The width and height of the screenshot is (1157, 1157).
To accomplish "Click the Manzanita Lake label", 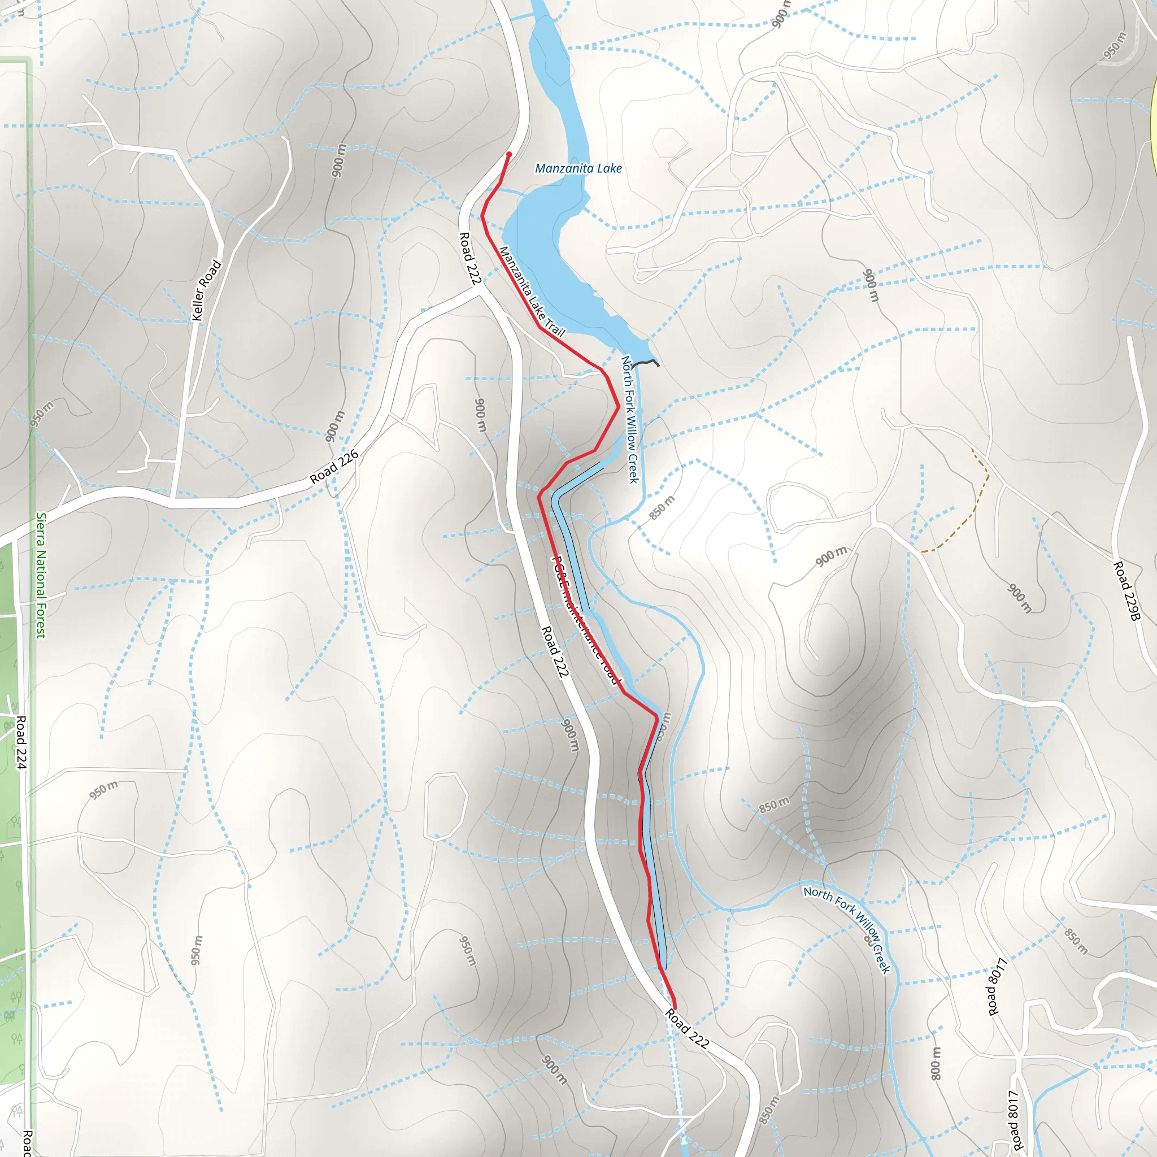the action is pyautogui.click(x=578, y=168).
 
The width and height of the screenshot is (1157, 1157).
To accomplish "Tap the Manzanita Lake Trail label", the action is pyautogui.click(x=531, y=291).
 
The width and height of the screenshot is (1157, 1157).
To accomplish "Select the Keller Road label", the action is pyautogui.click(x=207, y=290).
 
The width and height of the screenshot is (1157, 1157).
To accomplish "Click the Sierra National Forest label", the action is pyautogui.click(x=41, y=575).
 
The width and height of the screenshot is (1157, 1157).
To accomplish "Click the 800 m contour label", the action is pyautogui.click(x=937, y=1063).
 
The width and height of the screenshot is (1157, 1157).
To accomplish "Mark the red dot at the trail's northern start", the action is pyautogui.click(x=509, y=154).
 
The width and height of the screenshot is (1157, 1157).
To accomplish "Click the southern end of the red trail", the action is pyautogui.click(x=675, y=1008).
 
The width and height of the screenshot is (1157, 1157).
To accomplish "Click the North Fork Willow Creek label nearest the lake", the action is pyautogui.click(x=629, y=419).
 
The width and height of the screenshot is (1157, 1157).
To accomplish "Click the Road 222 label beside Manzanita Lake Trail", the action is pyautogui.click(x=470, y=259).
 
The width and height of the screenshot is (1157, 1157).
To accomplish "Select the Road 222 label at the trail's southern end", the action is pyautogui.click(x=687, y=1028).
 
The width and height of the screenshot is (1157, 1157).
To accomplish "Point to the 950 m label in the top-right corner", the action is pyautogui.click(x=1115, y=46).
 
